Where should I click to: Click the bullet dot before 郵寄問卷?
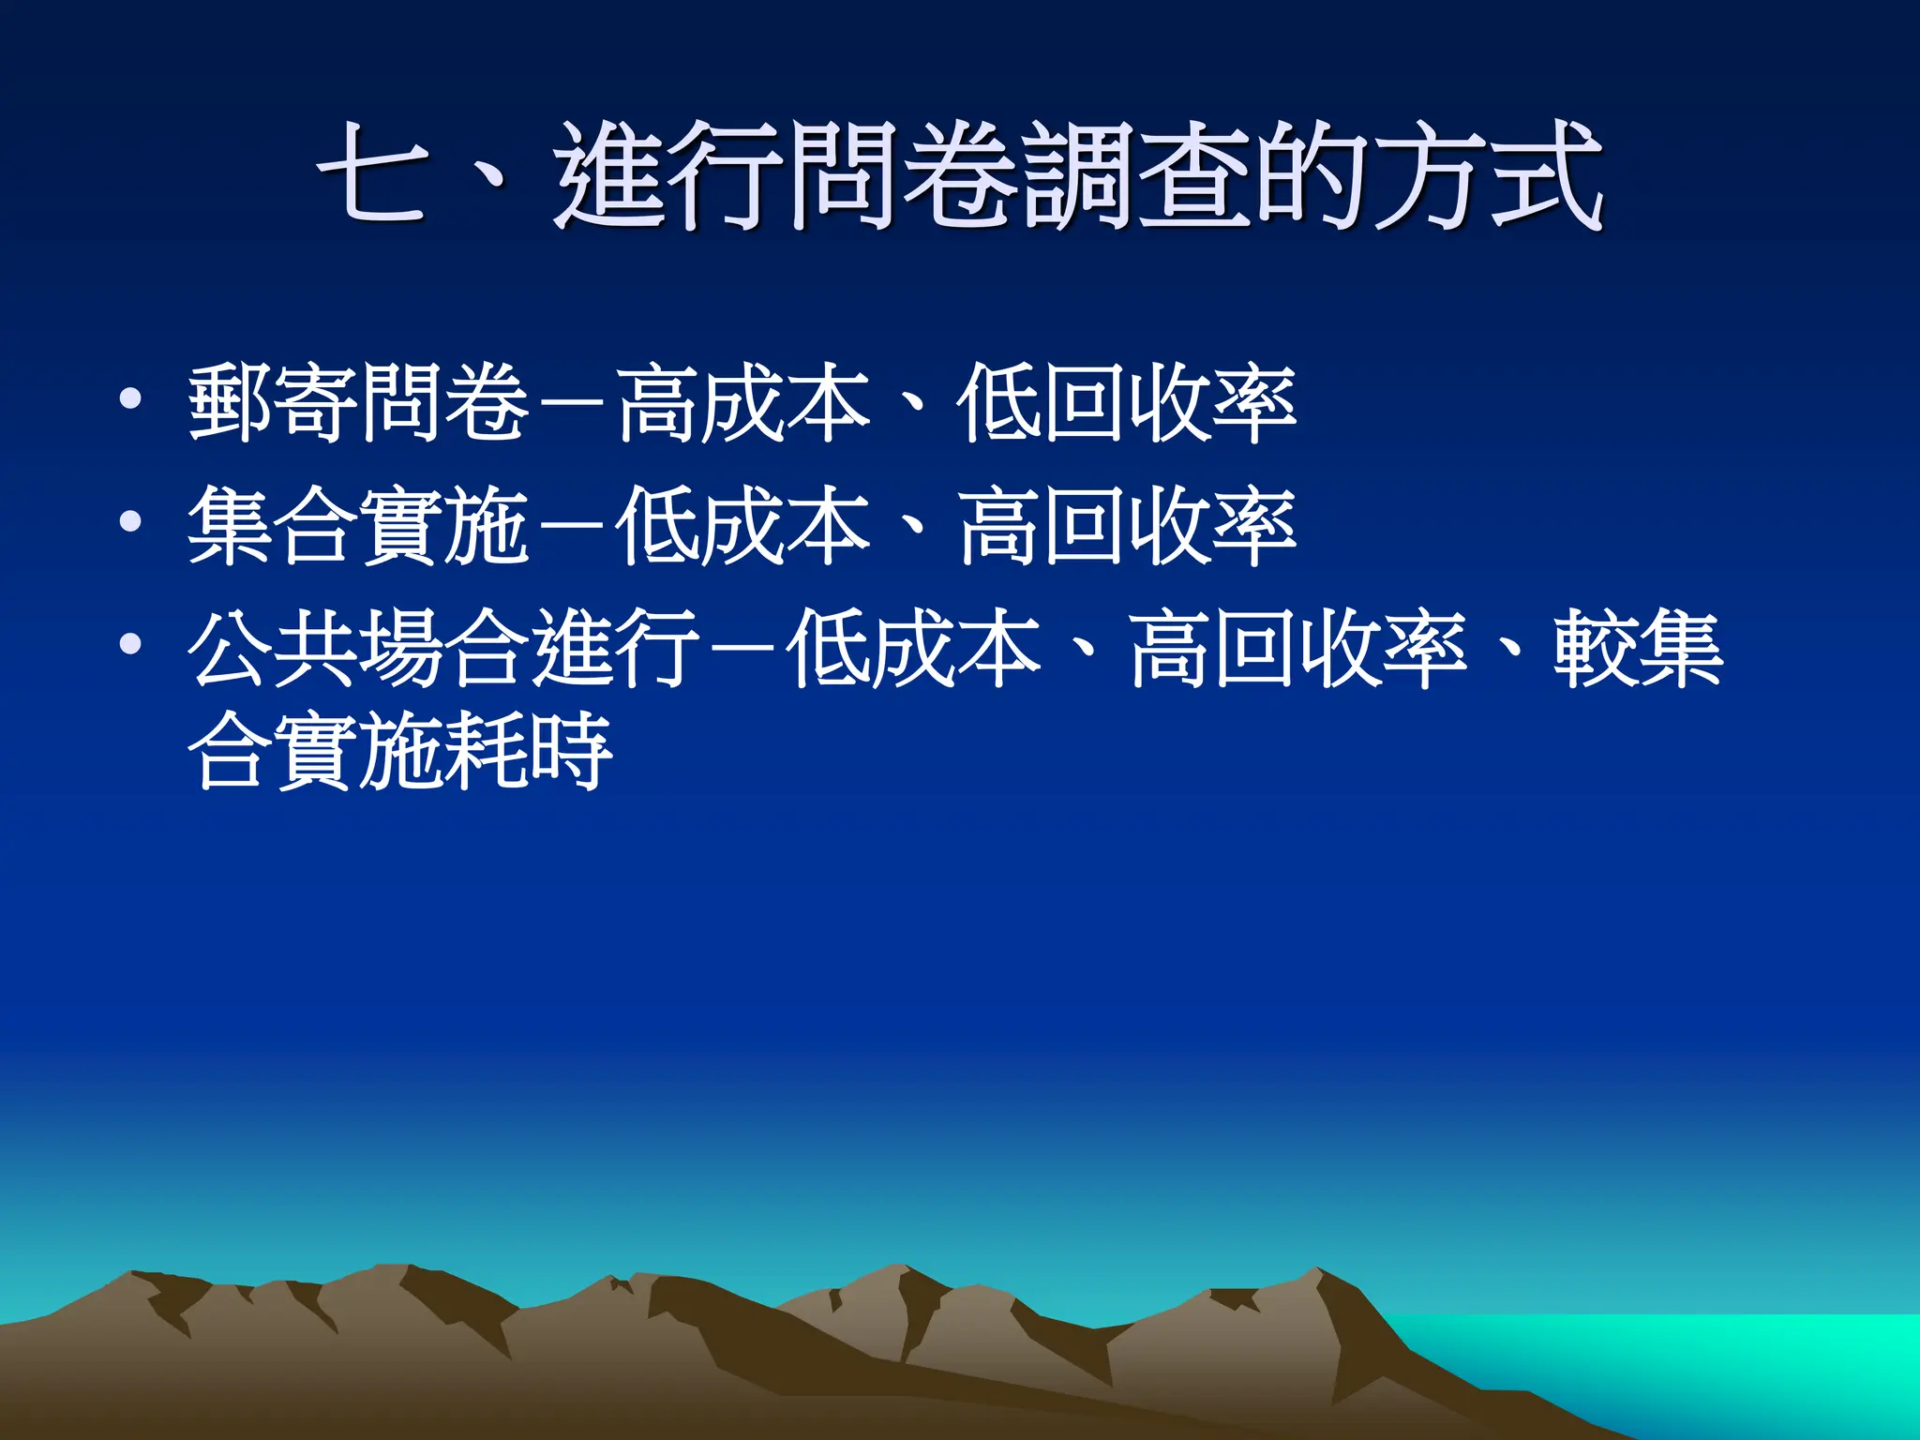(x=130, y=400)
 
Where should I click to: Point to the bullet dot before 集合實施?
(x=130, y=522)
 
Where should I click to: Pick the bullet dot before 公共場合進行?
(x=130, y=644)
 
